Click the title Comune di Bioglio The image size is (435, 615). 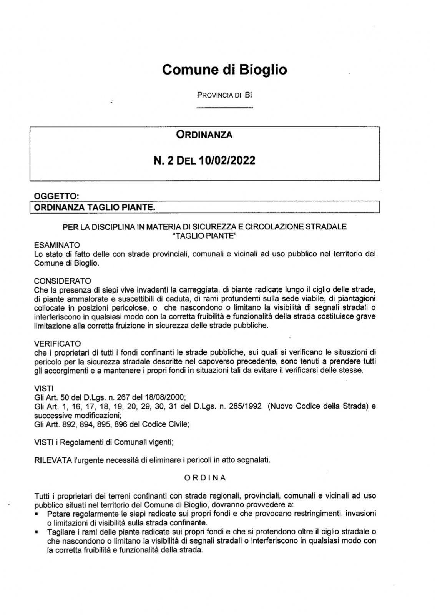click(224, 70)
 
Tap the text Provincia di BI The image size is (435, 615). click(224, 95)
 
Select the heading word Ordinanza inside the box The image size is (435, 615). click(204, 135)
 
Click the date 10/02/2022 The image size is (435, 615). click(227, 160)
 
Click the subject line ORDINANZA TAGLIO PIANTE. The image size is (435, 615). click(95, 208)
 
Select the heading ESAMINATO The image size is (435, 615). click(57, 245)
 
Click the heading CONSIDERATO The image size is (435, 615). click(62, 281)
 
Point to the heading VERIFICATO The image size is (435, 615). click(57, 343)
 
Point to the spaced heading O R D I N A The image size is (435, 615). click(205, 478)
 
